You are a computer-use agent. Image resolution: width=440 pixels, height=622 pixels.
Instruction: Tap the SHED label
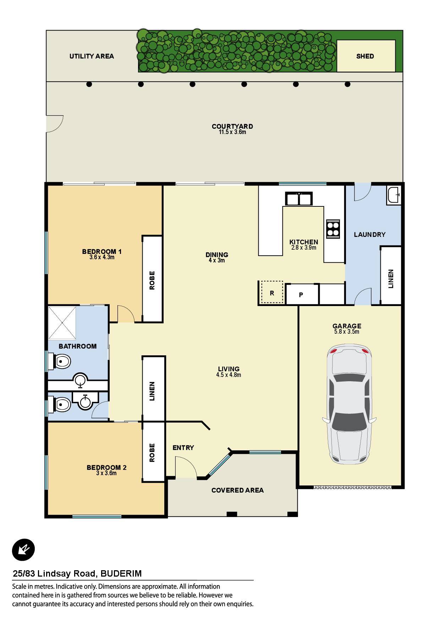pos(365,56)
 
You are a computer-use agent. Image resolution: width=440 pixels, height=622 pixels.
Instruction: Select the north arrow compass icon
pos(23,550)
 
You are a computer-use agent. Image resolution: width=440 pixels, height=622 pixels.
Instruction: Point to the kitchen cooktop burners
pos(333,228)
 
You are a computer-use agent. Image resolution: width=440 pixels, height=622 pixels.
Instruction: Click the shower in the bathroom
pos(62,323)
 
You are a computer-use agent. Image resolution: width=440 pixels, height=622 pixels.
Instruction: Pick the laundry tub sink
pos(394,195)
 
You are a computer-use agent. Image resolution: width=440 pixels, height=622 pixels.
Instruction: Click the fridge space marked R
pos(272,293)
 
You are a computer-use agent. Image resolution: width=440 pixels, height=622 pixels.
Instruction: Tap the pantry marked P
pos(301,294)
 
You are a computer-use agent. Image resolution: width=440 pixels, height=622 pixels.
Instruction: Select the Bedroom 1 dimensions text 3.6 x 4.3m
pos(102,257)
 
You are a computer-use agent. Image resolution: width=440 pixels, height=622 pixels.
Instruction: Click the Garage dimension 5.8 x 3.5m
pos(347,332)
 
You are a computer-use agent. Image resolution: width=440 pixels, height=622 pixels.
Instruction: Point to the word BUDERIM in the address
pos(121,573)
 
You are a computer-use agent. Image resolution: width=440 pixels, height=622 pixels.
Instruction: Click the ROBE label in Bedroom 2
pos(152,452)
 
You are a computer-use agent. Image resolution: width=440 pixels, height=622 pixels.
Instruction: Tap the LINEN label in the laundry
pos(391,279)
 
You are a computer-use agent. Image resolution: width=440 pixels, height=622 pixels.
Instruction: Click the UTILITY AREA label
pos(92,56)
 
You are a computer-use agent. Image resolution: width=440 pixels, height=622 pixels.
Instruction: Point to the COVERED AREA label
pos(237,490)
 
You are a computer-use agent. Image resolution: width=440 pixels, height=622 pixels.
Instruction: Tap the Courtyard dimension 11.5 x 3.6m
pos(232,132)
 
